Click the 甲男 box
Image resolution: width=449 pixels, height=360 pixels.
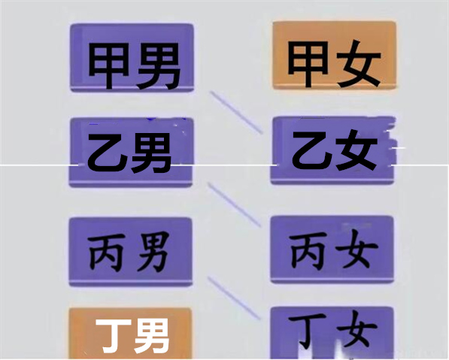click(132, 58)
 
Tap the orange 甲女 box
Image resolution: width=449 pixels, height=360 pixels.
click(335, 55)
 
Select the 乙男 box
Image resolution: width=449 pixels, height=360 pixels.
click(131, 153)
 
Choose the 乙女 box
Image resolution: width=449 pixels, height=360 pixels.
click(332, 150)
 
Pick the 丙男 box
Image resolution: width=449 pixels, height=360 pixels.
click(130, 252)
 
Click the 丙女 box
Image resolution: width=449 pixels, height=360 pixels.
click(332, 250)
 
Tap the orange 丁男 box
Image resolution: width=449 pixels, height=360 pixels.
click(130, 334)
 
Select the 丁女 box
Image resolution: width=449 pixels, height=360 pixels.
click(332, 333)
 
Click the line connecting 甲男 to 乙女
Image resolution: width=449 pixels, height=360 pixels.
click(236, 112)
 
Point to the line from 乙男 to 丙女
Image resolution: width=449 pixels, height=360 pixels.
click(235, 204)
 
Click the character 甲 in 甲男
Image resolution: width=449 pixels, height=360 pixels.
click(108, 66)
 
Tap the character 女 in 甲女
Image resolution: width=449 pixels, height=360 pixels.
click(359, 64)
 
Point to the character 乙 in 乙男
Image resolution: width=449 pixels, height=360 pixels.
click(107, 153)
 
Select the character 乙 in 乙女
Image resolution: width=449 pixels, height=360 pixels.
click(311, 151)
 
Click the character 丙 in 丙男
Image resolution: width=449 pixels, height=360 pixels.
click(107, 252)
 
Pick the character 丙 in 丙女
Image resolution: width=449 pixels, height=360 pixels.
click(308, 251)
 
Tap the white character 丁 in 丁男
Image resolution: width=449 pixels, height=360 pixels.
click(113, 336)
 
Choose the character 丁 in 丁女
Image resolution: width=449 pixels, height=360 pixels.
click(308, 332)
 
